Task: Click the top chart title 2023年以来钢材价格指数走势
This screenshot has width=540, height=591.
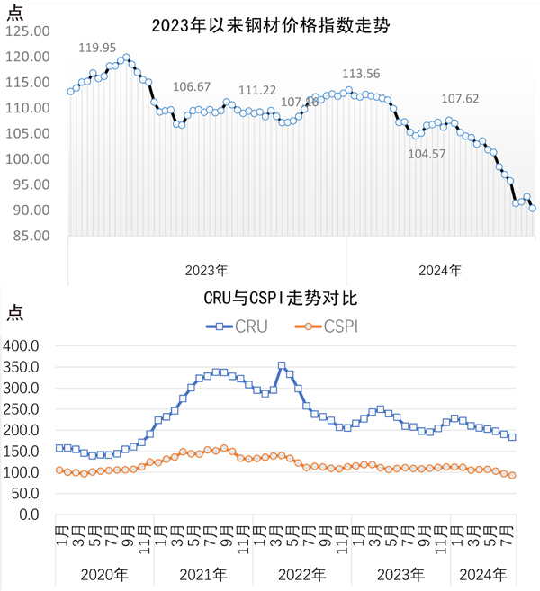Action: (x=270, y=26)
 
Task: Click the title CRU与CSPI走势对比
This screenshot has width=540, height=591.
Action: (x=269, y=296)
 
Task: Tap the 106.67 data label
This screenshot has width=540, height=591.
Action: (x=192, y=86)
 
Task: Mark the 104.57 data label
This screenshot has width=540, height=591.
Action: (x=427, y=154)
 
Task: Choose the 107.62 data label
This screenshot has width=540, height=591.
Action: (x=460, y=99)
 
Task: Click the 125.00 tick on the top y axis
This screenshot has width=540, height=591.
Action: (x=27, y=31)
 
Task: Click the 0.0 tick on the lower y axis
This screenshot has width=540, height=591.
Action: (x=33, y=515)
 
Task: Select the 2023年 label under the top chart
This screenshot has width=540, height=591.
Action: (x=207, y=269)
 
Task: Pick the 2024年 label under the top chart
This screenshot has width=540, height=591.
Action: (x=441, y=269)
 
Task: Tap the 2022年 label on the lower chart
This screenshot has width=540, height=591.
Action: (x=301, y=574)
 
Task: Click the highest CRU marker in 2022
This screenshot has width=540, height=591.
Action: (x=282, y=366)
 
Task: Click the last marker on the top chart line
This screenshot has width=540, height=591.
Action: (x=533, y=208)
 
